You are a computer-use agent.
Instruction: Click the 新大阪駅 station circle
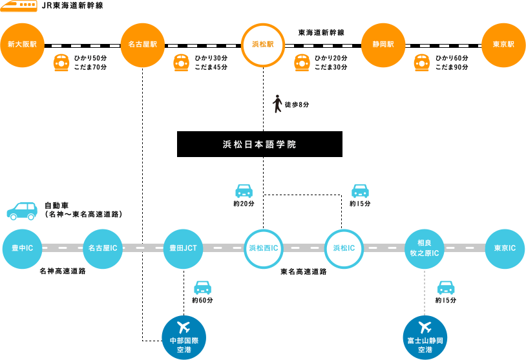click(x=22, y=45)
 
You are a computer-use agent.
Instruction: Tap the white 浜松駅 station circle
click(x=263, y=45)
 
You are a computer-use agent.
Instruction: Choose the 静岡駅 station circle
click(x=383, y=45)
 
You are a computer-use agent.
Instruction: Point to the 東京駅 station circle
click(x=503, y=45)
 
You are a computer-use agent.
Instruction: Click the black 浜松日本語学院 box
click(x=260, y=144)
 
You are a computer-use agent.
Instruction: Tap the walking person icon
click(x=277, y=104)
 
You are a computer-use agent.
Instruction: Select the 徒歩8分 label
click(x=297, y=105)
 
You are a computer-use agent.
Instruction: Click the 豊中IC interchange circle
click(x=23, y=248)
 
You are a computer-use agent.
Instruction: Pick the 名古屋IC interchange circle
click(x=103, y=248)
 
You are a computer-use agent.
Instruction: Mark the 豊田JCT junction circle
click(x=183, y=248)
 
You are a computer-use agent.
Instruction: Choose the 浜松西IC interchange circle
click(x=263, y=248)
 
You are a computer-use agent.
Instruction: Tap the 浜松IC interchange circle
click(x=344, y=248)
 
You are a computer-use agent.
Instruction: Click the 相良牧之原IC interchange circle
click(x=424, y=248)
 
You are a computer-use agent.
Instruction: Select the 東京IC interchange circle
click(x=504, y=248)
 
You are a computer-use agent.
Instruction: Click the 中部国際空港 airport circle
click(x=184, y=336)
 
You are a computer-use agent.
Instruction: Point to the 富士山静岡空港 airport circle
click(x=424, y=336)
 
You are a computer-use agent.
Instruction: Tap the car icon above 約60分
click(x=202, y=288)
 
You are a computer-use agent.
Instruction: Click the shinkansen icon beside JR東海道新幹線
click(x=19, y=6)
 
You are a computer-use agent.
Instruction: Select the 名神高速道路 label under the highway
click(x=63, y=271)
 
